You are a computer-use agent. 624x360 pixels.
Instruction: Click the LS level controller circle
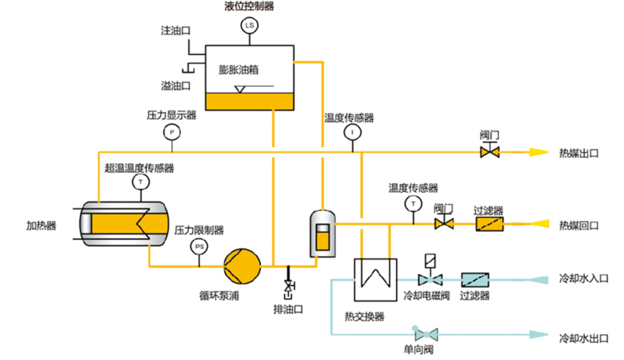coord(250,26)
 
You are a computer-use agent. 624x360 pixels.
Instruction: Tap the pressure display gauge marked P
coord(172,132)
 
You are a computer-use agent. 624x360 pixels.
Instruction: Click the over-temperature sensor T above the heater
coord(139,183)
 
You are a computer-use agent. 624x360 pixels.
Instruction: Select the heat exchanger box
coord(374,279)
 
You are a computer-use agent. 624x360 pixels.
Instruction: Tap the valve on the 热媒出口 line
coord(491,152)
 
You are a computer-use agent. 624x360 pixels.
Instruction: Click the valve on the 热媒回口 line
coord(444,224)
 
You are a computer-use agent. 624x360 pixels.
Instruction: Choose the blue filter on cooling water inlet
coord(475,279)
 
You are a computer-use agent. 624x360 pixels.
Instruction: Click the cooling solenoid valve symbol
coord(430,278)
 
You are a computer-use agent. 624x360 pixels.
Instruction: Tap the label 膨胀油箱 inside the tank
coord(240,70)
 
